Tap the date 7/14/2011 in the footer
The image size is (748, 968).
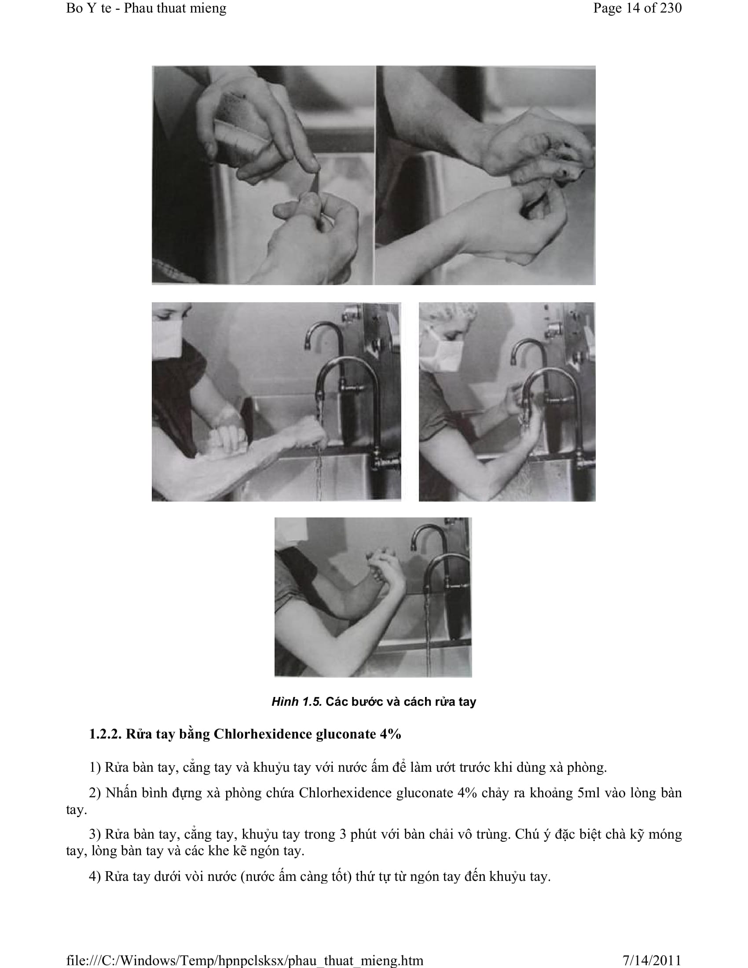tap(652, 960)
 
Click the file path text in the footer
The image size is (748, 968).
tap(245, 961)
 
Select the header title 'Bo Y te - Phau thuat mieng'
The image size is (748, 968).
tap(146, 8)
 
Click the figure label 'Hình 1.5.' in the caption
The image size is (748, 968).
tap(297, 702)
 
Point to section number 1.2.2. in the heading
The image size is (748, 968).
tap(105, 734)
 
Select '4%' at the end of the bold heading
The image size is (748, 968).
tap(390, 734)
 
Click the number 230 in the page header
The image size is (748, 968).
tap(671, 8)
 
